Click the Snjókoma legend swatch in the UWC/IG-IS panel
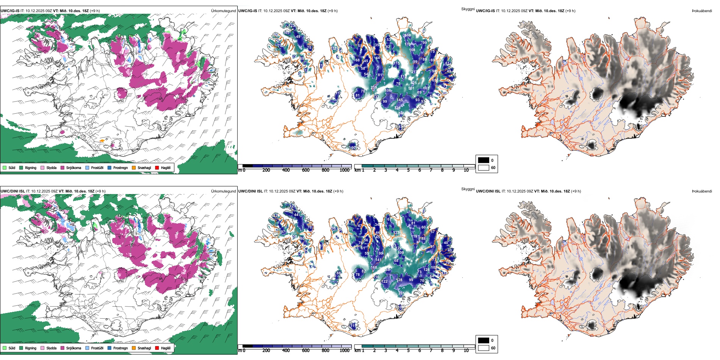coord(62,167)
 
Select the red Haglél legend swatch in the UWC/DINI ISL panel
coord(157,348)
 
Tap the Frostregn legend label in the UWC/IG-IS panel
coord(120,167)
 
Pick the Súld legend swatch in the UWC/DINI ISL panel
coord(4,348)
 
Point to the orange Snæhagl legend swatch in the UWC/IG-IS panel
coord(134,167)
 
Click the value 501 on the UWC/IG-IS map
coord(411,88)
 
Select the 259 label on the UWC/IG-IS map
coord(374,88)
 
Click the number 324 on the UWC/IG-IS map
coord(397,108)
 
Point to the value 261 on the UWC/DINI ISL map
coord(401,293)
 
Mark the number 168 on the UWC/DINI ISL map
coord(374,268)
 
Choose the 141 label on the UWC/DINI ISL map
coord(378,260)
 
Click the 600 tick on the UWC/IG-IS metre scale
coord(306,170)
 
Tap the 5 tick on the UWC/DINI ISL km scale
coord(408,351)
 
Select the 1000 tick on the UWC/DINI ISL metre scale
coord(344,351)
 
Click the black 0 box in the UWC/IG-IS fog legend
coord(484,160)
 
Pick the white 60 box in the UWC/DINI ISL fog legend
coord(484,348)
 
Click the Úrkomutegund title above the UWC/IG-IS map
coord(223,11)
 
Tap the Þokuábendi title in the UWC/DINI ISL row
coord(702,191)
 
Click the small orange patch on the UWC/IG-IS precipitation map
coord(102,141)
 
